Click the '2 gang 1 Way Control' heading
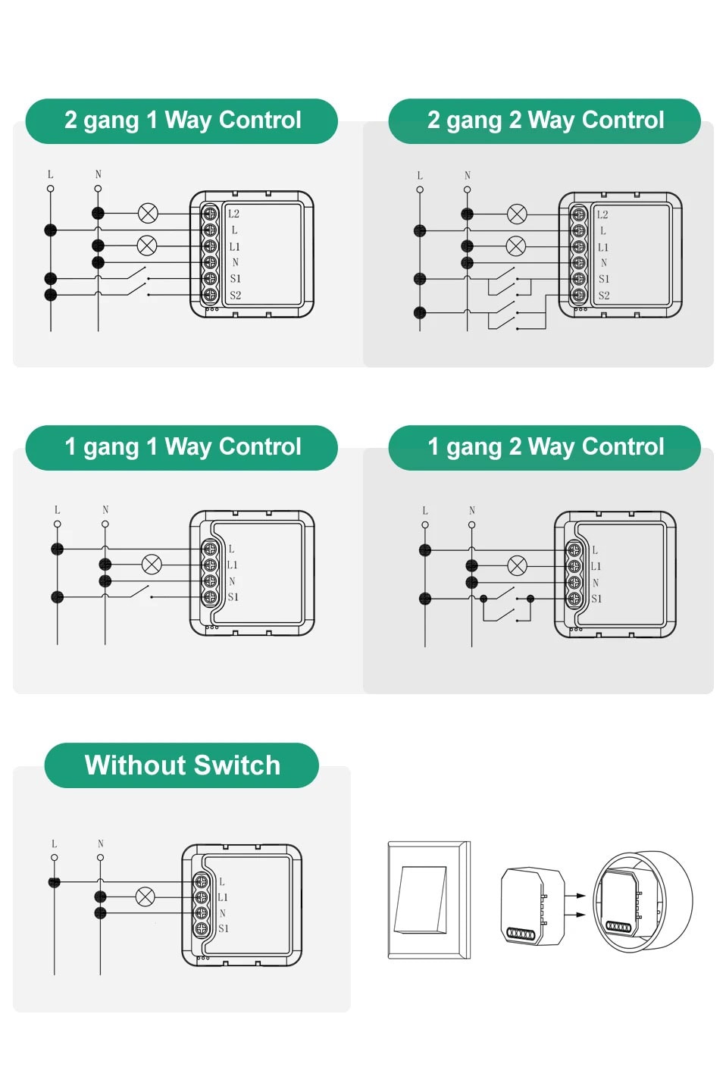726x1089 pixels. tap(182, 120)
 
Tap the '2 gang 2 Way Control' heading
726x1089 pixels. tap(545, 120)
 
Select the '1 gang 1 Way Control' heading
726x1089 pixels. tap(182, 447)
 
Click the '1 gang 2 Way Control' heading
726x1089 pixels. tap(545, 447)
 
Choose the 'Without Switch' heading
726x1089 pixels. tap(182, 765)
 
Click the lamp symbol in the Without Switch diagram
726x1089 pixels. tap(145, 897)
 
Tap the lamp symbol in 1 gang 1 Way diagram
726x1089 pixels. tap(152, 565)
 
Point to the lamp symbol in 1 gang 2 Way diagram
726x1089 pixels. tap(517, 566)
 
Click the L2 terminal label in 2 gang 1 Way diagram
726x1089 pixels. tap(233, 214)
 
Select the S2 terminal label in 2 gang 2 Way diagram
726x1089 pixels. tap(603, 296)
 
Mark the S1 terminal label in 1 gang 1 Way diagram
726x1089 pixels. tap(233, 597)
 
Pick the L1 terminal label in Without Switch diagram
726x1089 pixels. tap(223, 897)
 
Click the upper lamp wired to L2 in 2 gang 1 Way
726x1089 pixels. tap(148, 213)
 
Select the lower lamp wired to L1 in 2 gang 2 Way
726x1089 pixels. tap(515, 246)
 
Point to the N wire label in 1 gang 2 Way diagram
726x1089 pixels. tap(472, 510)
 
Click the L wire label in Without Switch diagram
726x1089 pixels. tap(54, 843)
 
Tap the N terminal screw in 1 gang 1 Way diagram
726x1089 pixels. tap(210, 581)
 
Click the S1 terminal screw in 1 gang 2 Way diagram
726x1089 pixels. tap(574, 599)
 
